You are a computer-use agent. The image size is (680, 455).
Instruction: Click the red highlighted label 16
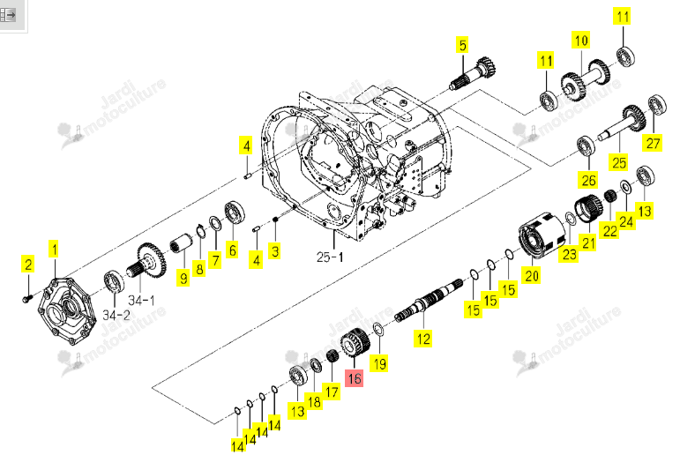[354, 377]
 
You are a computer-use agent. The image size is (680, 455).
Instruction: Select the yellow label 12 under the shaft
[422, 339]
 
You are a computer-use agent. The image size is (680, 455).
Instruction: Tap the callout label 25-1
[330, 257]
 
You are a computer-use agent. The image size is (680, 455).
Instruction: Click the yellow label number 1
[54, 250]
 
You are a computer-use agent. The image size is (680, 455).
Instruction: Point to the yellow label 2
[28, 265]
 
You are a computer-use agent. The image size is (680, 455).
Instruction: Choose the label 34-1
[141, 300]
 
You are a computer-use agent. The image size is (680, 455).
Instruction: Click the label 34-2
[116, 315]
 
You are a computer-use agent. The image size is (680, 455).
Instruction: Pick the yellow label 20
[532, 275]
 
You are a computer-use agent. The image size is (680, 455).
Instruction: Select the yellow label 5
[463, 46]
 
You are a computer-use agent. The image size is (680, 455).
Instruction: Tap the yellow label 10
[581, 41]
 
